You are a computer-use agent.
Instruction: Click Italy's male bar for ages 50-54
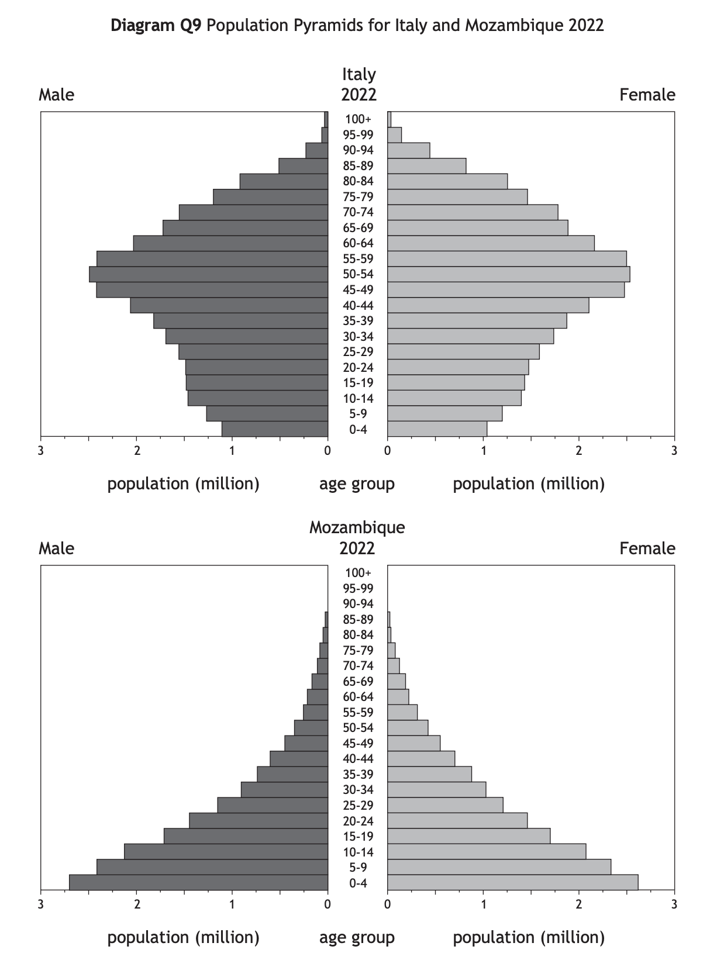pyautogui.click(x=208, y=274)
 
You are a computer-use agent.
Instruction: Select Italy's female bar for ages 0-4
pyautogui.click(x=437, y=429)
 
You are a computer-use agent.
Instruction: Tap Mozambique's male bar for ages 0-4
pyautogui.click(x=198, y=882)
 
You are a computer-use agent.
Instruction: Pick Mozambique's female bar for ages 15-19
pyautogui.click(x=468, y=836)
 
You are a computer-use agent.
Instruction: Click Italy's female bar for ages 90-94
pyautogui.click(x=408, y=150)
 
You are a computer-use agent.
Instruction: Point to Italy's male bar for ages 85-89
pyautogui.click(x=303, y=166)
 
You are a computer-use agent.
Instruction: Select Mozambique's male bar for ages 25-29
pyautogui.click(x=273, y=805)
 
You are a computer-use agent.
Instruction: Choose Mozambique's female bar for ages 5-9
pyautogui.click(x=499, y=867)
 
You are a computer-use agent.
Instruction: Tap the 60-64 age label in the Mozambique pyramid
pyautogui.click(x=358, y=697)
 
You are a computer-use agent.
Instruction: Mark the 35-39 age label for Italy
pyautogui.click(x=358, y=321)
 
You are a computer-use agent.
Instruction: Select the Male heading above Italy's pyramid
pyautogui.click(x=56, y=95)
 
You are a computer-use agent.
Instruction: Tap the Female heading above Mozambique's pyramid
pyautogui.click(x=647, y=548)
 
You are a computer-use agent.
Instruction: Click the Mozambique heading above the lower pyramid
pyautogui.click(x=357, y=527)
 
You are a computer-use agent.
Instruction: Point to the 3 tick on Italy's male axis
pyautogui.click(x=40, y=450)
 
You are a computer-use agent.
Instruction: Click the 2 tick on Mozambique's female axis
pyautogui.click(x=579, y=904)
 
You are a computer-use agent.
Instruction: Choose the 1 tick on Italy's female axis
pyautogui.click(x=484, y=450)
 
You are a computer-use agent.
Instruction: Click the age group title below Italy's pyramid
pyautogui.click(x=357, y=484)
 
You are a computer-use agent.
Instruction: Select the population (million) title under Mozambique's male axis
pyautogui.click(x=183, y=938)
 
